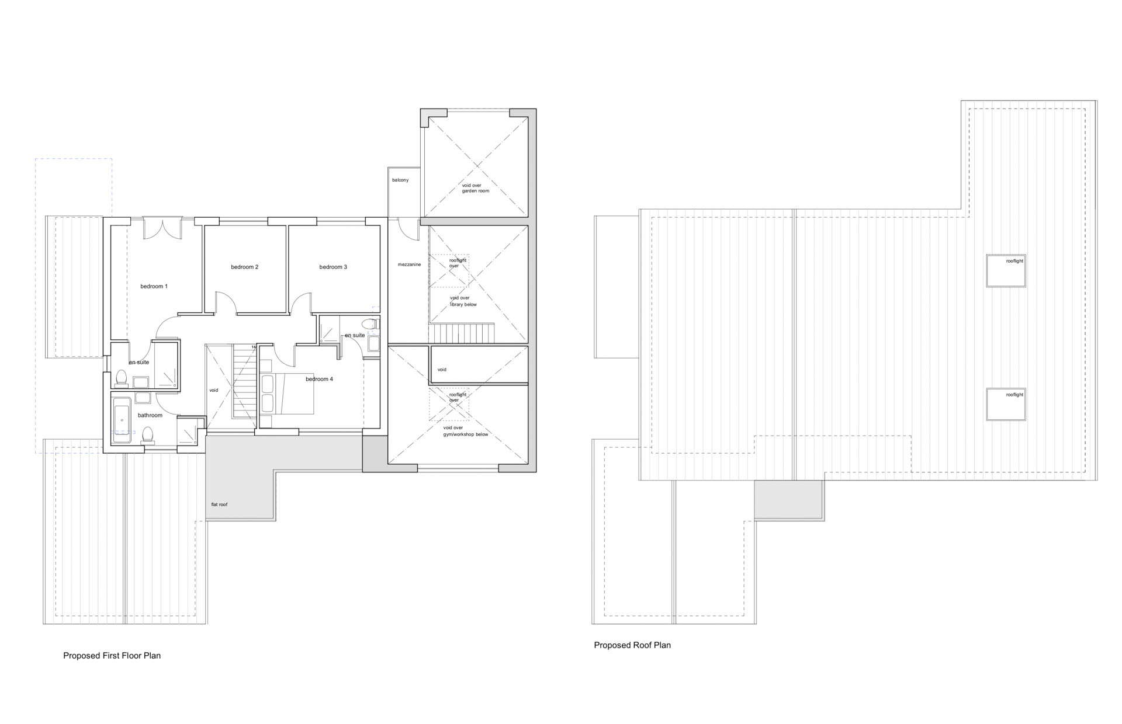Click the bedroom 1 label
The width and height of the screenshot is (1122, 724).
coord(154,286)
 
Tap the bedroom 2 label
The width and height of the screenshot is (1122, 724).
coord(244,267)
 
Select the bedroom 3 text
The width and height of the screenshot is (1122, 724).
coord(333,267)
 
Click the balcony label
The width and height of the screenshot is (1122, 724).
coord(400,180)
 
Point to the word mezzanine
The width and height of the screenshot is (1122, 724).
coord(409,264)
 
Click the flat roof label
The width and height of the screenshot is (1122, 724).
coord(219,504)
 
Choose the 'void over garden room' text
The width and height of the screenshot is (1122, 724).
coord(476,188)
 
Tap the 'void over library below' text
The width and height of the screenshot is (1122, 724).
coord(463,301)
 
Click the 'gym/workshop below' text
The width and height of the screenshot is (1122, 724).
coord(466,434)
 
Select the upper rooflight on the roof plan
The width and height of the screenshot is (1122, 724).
coord(1006,271)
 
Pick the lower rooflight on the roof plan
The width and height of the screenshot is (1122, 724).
coord(1006,405)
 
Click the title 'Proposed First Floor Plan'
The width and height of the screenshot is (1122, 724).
coord(112,656)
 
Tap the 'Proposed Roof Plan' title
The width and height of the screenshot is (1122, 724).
coord(632,645)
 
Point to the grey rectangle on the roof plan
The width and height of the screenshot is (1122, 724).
coord(789,500)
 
